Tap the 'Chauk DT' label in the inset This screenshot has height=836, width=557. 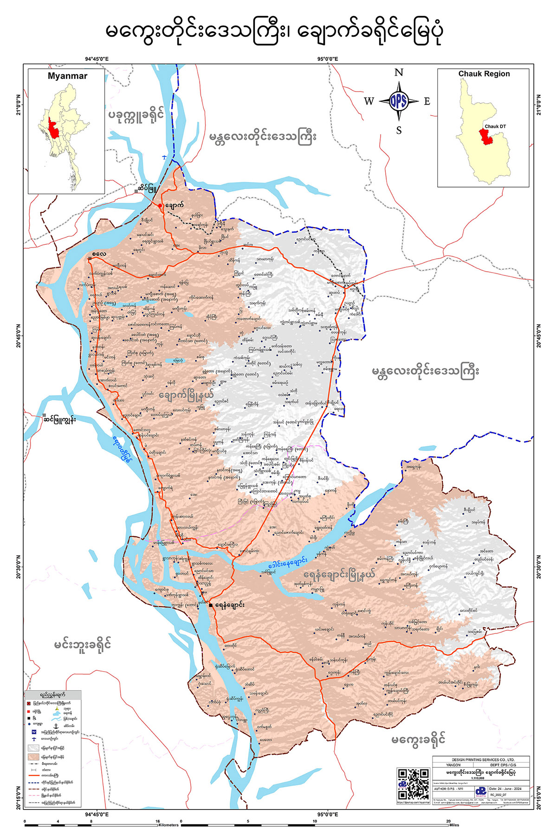click(x=495, y=126)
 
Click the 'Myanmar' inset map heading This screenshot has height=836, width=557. click(x=67, y=76)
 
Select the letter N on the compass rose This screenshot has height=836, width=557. click(x=399, y=73)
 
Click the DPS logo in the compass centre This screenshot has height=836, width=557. click(x=399, y=101)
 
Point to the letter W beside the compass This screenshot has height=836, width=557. click(x=369, y=102)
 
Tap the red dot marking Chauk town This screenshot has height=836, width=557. click(x=160, y=205)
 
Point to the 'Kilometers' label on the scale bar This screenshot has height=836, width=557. click(x=168, y=825)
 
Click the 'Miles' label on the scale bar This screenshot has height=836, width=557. click(x=454, y=825)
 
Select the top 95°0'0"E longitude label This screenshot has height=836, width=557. click(x=328, y=59)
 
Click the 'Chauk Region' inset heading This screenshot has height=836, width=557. click(x=484, y=74)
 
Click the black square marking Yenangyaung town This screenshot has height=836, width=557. click(x=211, y=605)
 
